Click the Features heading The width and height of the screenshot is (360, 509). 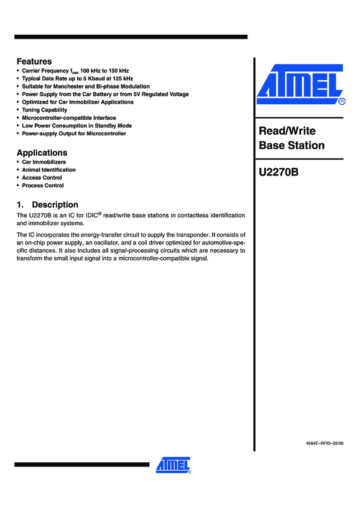[x=34, y=62]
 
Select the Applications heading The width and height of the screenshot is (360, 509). [x=42, y=153]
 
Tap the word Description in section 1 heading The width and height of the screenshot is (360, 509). [x=55, y=204]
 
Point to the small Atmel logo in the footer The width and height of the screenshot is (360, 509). [x=173, y=465]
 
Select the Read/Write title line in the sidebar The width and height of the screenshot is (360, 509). [x=287, y=131]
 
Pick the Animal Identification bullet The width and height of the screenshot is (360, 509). [x=49, y=170]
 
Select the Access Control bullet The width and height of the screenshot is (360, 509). [x=42, y=178]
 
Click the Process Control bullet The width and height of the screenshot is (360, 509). [x=43, y=186]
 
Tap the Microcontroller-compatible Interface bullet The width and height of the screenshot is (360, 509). [x=69, y=118]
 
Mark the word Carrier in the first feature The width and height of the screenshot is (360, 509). [x=32, y=71]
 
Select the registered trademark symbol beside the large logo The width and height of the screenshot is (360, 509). [x=342, y=102]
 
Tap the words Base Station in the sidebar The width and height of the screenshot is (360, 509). [x=292, y=146]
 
